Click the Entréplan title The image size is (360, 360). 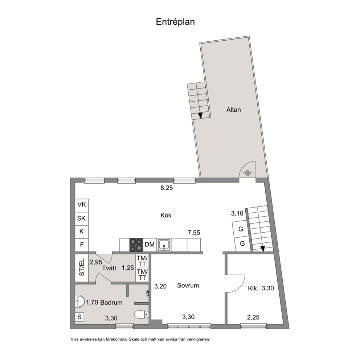click(175, 22)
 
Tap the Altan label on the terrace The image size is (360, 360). click(233, 110)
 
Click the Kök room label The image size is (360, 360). click(166, 215)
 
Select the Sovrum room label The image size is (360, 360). click(188, 285)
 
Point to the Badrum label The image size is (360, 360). click(111, 303)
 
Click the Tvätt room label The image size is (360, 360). click(109, 268)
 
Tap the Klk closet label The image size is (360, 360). click(252, 289)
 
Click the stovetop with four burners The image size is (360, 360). click(136, 245)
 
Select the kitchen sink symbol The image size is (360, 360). click(164, 245)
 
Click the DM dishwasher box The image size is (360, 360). click(150, 245)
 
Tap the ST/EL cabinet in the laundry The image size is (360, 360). click(82, 268)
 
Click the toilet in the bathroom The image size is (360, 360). click(142, 315)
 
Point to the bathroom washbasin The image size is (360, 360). click(80, 301)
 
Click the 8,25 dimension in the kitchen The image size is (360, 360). click(167, 188)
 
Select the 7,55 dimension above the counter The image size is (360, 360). click(194, 233)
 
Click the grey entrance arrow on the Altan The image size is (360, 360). click(248, 173)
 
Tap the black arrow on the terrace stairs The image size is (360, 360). click(200, 115)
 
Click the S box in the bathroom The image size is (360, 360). click(79, 317)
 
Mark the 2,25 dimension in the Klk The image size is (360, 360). click(253, 317)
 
